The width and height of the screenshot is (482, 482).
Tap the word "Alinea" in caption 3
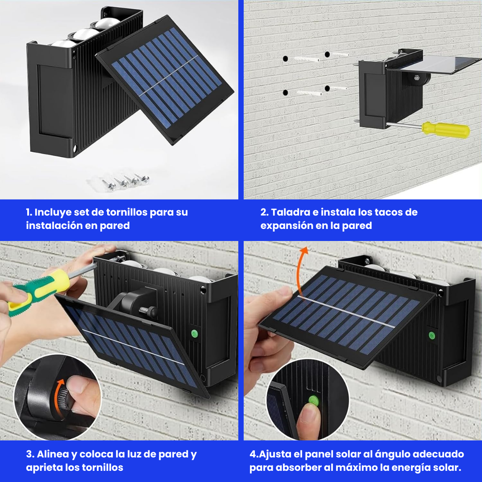52,454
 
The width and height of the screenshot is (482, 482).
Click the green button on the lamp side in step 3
194,332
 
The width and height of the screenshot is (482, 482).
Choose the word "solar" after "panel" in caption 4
352,454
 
